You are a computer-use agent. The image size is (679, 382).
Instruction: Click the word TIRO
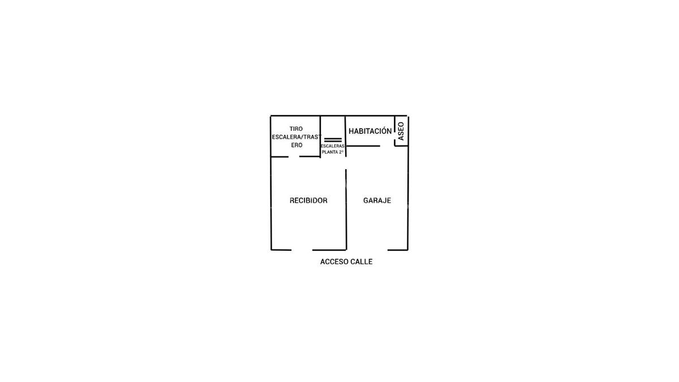(x=296, y=129)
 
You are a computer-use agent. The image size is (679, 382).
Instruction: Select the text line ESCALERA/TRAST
(x=296, y=137)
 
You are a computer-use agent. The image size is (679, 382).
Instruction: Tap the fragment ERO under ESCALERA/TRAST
(x=296, y=145)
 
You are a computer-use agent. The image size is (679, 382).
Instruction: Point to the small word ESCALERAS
(x=333, y=146)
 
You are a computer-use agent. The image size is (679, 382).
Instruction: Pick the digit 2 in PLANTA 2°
(x=341, y=152)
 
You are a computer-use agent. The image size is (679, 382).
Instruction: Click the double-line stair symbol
(x=333, y=140)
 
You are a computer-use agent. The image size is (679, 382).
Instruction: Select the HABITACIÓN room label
(x=370, y=131)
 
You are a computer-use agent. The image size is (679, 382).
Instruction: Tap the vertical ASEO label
(x=401, y=131)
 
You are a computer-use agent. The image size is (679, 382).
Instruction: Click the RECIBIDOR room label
(x=308, y=200)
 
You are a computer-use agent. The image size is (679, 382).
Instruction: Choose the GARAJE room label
(x=377, y=200)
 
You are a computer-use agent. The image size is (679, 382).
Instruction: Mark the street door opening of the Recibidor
(x=302, y=250)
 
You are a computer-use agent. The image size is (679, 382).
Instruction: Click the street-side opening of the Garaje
(x=367, y=250)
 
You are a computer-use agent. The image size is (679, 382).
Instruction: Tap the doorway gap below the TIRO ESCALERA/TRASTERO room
(x=294, y=157)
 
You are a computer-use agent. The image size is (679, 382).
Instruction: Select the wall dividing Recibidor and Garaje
(x=346, y=209)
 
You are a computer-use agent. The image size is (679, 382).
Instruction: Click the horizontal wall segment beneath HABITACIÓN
(x=363, y=146)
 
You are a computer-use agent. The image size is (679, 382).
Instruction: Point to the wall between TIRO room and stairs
(x=320, y=136)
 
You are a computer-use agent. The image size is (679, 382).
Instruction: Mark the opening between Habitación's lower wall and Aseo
(x=387, y=146)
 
